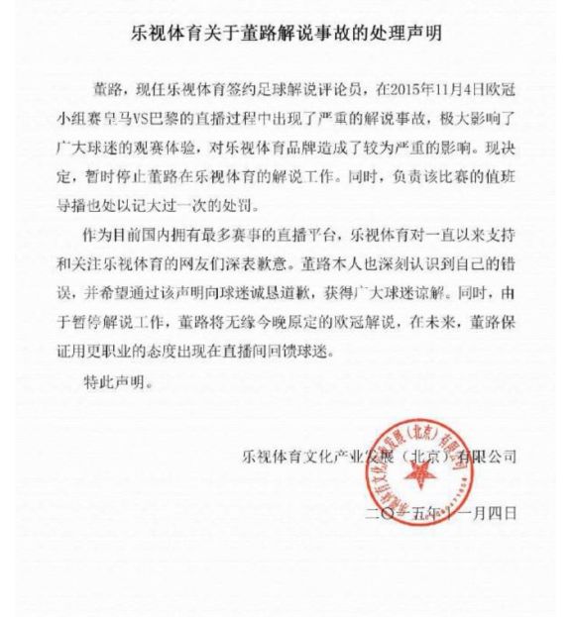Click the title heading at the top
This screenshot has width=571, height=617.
tap(286, 32)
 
